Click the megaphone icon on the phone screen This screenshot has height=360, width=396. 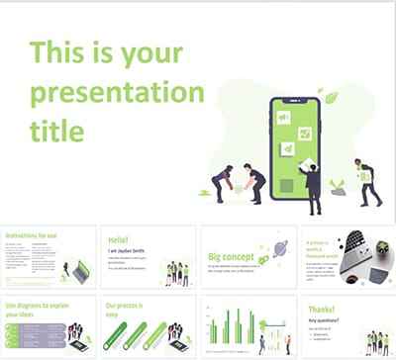pyautogui.click(x=282, y=117)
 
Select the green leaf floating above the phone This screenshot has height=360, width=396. pyautogui.click(x=332, y=98)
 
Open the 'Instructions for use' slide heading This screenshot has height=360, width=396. pyautogui.click(x=31, y=236)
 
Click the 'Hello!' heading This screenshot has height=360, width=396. pyautogui.click(x=119, y=238)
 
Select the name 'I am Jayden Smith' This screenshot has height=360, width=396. pyautogui.click(x=127, y=250)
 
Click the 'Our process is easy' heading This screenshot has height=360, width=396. pyautogui.click(x=130, y=310)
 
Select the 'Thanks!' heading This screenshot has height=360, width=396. pyautogui.click(x=323, y=308)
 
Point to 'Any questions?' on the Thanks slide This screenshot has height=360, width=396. pyautogui.click(x=323, y=318)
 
